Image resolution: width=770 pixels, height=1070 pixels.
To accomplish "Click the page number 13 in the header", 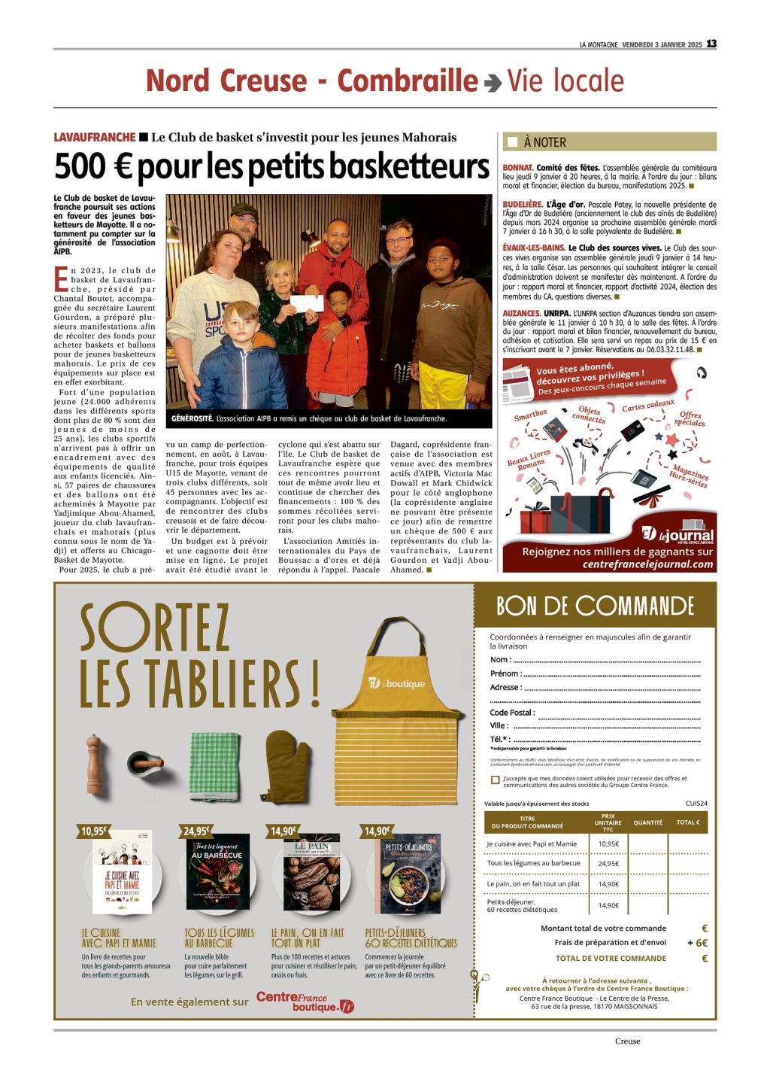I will point(711,44).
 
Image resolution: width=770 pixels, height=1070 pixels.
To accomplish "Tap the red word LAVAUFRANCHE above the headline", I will point(95,137).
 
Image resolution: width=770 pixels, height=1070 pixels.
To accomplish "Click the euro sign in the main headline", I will point(116,167).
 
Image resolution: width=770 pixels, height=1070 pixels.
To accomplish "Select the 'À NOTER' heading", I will point(544,142).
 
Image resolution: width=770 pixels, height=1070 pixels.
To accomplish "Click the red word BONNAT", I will point(517,168).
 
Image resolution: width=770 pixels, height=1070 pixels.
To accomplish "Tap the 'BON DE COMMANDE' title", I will point(594,606).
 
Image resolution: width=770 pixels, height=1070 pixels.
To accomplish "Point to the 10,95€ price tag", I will point(94,831).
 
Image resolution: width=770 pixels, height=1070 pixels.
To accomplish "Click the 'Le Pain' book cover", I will point(311,872).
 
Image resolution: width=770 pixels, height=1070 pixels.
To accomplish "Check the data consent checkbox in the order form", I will point(495,780).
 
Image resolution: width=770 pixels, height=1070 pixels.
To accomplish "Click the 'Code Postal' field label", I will point(512,713).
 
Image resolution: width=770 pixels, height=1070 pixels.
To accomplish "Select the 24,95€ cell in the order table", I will point(608,863).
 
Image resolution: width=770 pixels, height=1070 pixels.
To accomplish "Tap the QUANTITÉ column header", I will point(647,822).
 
